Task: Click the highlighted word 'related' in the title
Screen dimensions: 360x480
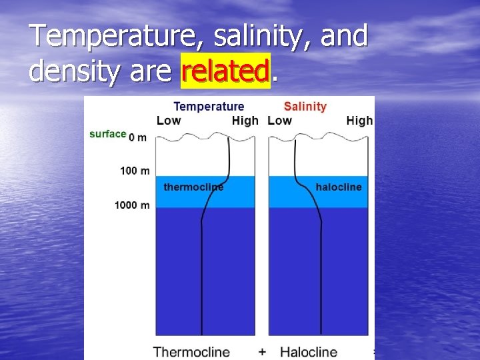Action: pos(225,71)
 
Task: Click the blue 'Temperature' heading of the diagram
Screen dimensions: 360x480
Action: pos(209,107)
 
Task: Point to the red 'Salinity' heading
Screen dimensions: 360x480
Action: pos(305,107)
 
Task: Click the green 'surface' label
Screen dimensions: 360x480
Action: pos(107,134)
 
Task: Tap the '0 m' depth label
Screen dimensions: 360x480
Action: pos(137,137)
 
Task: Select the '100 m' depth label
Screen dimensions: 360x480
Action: pos(135,171)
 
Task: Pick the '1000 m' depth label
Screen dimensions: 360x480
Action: pos(132,205)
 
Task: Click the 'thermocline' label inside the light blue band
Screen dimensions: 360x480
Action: pos(193,187)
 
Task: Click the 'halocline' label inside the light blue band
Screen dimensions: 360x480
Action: pos(339,187)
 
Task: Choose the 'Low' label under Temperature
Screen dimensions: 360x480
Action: pos(168,121)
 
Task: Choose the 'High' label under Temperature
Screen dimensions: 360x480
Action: pos(245,121)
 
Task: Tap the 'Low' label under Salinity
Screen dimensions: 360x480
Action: pos(279,121)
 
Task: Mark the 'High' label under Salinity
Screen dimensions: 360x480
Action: pos(359,121)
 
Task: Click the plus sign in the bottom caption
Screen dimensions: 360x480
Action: pos(262,351)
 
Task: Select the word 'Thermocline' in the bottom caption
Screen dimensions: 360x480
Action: pos(191,351)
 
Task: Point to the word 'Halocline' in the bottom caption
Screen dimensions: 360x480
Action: pos(308,351)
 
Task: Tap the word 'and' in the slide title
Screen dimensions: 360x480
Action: pos(344,36)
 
